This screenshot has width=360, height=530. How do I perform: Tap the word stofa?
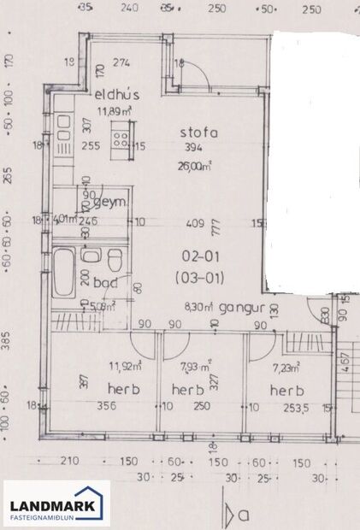[198, 132]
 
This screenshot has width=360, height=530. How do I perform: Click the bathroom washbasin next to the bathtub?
[91, 256]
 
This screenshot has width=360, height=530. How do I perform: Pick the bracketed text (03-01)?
[198, 276]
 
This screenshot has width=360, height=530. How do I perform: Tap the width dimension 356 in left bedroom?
[107, 406]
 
